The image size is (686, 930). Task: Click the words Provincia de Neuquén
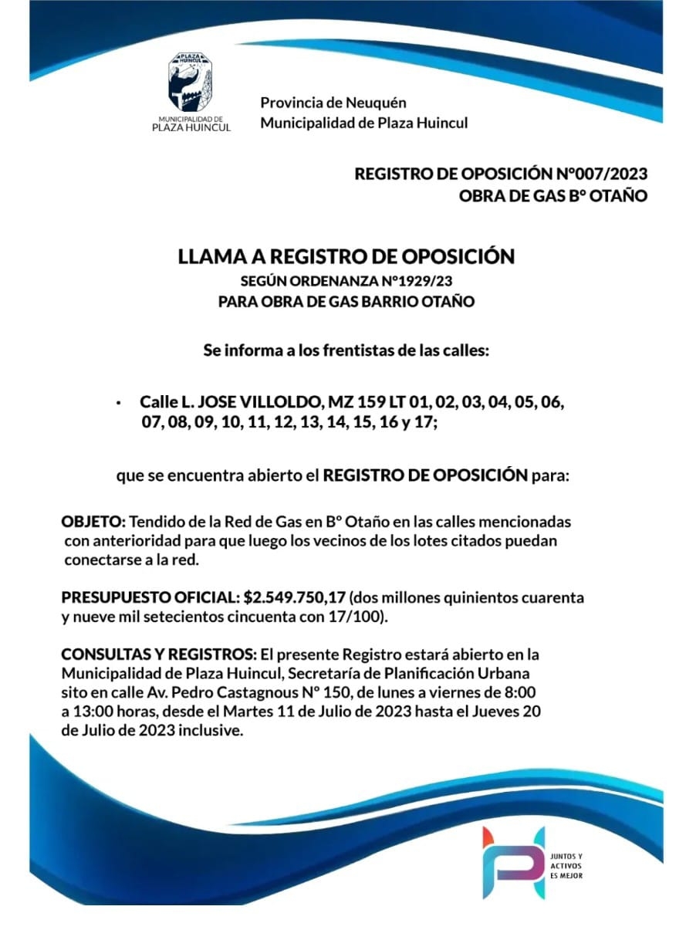(x=333, y=103)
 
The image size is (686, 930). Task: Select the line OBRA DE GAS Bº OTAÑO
(x=553, y=196)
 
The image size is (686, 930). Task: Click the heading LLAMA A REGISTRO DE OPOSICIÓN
(x=346, y=256)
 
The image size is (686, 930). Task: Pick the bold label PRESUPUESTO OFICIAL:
(x=150, y=597)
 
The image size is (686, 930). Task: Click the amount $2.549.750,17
(x=296, y=597)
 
